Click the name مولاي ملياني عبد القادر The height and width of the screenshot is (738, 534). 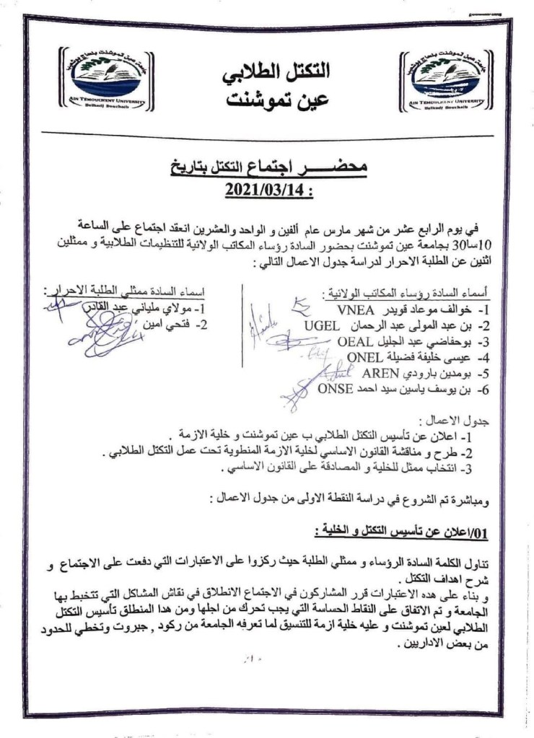coord(144,309)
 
